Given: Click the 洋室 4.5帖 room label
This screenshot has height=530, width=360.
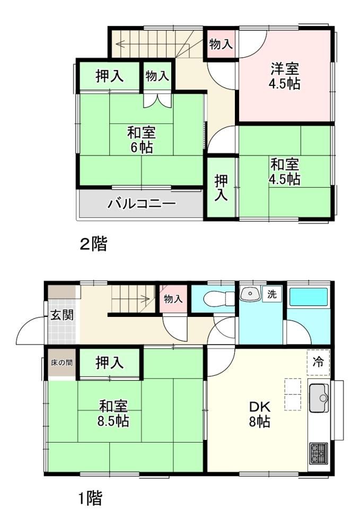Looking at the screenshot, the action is click(x=284, y=76).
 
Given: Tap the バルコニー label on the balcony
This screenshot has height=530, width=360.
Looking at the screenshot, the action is click(x=142, y=204).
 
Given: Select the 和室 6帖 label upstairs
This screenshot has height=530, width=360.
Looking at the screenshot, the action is click(x=141, y=139).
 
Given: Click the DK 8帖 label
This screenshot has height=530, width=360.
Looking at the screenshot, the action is click(x=260, y=414).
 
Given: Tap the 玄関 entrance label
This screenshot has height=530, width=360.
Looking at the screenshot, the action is click(x=62, y=315).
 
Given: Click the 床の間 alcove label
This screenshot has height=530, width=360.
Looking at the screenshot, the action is click(x=62, y=363).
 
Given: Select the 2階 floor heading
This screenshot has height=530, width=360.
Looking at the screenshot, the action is click(x=93, y=244).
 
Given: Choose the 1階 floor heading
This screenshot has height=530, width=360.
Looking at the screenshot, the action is click(x=90, y=498).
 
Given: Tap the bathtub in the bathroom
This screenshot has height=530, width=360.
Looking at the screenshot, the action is click(x=309, y=297).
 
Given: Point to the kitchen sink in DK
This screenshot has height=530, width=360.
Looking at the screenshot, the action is click(x=319, y=398).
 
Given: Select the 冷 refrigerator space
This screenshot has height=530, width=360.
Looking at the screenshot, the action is click(x=318, y=362).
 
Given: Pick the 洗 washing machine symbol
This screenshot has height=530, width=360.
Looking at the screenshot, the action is click(x=272, y=294).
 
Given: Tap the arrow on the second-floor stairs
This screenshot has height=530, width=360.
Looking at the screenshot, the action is click(x=154, y=43).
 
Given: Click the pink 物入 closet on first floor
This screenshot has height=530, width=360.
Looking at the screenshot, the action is click(x=173, y=298).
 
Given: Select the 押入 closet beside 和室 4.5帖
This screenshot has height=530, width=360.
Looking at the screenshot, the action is click(x=221, y=188).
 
